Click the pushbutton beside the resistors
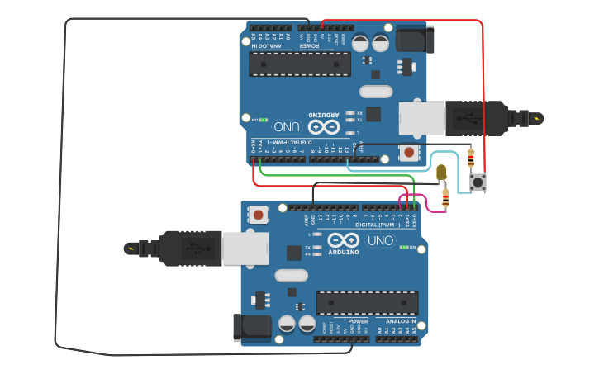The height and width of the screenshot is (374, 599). point(478,182)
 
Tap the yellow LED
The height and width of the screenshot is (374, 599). point(441,172)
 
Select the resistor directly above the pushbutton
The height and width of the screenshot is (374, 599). point(471,157)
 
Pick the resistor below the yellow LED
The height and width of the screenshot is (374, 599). point(446,197)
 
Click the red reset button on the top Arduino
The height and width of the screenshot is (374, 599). point(408,152)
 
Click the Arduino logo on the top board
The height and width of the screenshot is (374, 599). point(324,126)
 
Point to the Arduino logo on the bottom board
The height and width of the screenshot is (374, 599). point(344,240)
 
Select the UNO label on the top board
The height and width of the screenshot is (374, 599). point(287,126)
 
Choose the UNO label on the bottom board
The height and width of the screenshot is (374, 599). point(381,240)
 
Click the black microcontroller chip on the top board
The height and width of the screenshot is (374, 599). point(300,64)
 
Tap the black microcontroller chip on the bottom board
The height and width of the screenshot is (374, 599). point(367,302)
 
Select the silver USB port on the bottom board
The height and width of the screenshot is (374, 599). point(245,248)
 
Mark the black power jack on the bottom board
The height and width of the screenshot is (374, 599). point(252,326)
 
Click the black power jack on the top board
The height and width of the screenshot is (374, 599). point(415,39)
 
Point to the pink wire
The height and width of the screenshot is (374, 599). point(425,201)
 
